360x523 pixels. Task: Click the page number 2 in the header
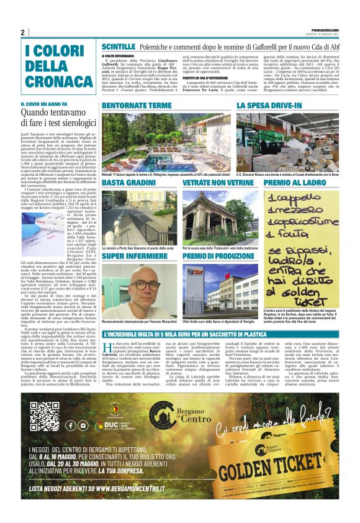click(22, 32)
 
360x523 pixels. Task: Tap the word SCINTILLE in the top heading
click(119, 47)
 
